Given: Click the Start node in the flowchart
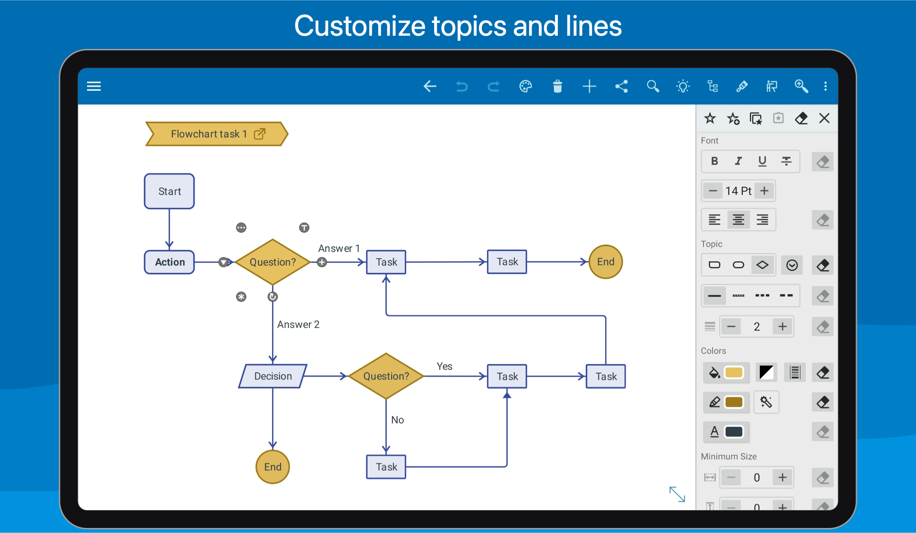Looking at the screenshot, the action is pos(169,191).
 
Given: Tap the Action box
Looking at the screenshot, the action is pos(169,262).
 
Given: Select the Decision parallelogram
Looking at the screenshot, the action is pos(273,376).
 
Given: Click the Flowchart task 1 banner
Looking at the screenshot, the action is pos(217,134).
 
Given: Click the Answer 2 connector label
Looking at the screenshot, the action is pos(298,324).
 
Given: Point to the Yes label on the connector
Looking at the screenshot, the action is pos(444,366).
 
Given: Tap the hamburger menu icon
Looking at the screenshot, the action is pos(94,86).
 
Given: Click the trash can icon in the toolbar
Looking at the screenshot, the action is pos(557,86).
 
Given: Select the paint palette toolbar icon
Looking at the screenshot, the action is pos(526,86).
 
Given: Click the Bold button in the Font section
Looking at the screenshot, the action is pos(714,161).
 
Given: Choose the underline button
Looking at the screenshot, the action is pos(762,161).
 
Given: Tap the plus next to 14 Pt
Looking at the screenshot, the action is pos(764,190).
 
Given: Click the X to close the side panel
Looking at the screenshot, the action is pos(824,118).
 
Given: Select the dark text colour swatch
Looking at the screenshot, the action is pos(734,432).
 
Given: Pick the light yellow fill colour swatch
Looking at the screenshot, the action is pos(734,373).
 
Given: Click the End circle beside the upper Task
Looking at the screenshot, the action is pos(605,262).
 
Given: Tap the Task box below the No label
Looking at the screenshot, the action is pos(386,467).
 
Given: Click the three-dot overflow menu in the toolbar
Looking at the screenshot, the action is pos(825,86).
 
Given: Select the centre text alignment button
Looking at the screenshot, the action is pos(738,220).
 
